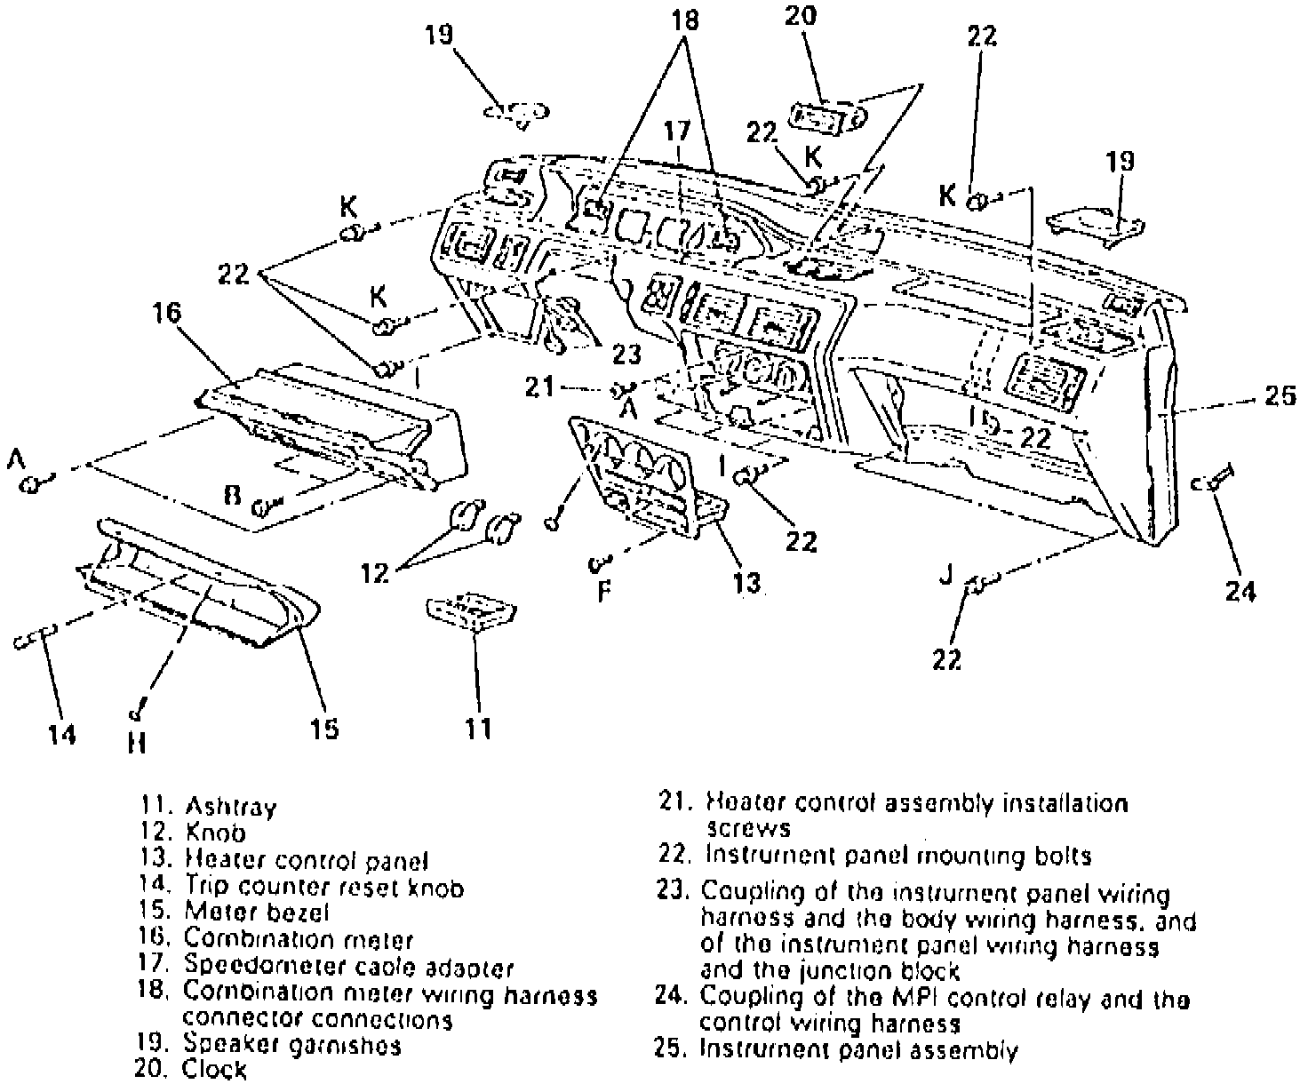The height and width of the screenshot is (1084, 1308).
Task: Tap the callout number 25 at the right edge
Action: (1280, 395)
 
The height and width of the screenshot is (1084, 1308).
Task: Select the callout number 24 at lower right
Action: (1240, 589)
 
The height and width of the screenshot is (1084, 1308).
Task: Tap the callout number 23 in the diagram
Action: (626, 354)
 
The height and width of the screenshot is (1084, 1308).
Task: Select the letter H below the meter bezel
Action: (136, 742)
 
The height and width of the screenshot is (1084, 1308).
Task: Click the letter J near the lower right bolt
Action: (945, 576)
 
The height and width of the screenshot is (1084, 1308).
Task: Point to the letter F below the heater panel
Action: (603, 590)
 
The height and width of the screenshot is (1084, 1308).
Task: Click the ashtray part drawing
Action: (472, 612)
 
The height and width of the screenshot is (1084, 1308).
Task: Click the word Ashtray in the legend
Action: (230, 807)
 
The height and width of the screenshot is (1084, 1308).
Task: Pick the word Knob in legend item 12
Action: (215, 833)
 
